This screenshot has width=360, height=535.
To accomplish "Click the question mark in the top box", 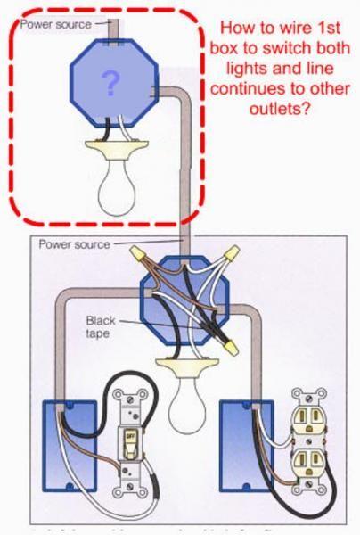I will (x=110, y=85).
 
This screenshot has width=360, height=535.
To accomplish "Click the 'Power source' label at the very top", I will (x=55, y=24).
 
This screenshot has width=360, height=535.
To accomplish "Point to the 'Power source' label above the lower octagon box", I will (x=75, y=243).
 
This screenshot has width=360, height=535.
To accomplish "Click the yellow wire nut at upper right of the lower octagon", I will (x=234, y=254).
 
